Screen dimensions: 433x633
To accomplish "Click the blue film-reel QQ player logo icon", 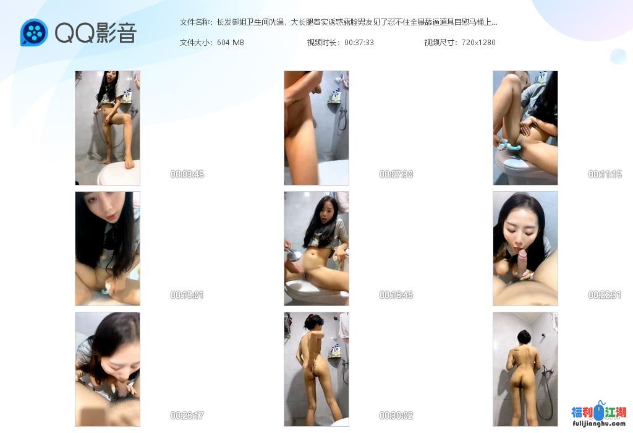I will [34, 33].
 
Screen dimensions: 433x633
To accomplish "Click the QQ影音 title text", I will [95, 33].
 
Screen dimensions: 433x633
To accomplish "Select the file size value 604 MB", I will [231, 43].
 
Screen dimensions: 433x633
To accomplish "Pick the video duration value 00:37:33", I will [359, 43].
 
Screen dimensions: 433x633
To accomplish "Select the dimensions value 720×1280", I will [478, 43].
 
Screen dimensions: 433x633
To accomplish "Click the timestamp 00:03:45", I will [187, 174].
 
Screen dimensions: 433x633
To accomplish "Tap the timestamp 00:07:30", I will [396, 174].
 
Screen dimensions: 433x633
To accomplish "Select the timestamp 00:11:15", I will [605, 174].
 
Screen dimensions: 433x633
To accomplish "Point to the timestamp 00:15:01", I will [187, 295].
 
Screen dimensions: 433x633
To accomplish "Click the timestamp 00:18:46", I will [396, 295].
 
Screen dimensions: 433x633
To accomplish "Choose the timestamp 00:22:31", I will [605, 295].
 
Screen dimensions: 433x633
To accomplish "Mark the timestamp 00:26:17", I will [187, 416].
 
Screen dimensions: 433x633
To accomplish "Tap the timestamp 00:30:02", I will [396, 416].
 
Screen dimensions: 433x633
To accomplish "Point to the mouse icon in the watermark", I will [598, 412].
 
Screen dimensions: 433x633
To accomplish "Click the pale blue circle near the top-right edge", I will [618, 56].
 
